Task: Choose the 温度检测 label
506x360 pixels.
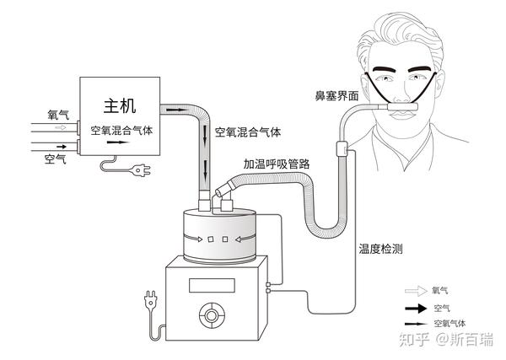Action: (380, 249)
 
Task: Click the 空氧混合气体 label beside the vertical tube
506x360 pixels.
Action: (248, 132)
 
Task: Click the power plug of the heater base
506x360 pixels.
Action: (149, 299)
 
